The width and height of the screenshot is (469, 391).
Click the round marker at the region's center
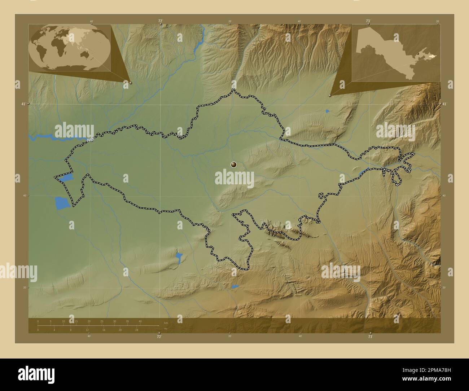click(x=234, y=165)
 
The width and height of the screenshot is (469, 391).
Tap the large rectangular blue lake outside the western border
click(x=61, y=203)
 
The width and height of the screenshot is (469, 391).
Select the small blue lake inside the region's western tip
click(x=66, y=177)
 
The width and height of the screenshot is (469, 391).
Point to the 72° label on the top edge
click(x=160, y=21)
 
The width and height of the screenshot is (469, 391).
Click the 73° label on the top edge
click(x=368, y=21)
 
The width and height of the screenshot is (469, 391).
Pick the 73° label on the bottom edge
click(x=370, y=337)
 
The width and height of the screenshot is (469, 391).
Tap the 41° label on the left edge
click(x=23, y=104)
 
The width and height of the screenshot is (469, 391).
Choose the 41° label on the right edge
click(x=445, y=104)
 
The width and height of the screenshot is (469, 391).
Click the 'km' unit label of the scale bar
click(x=166, y=323)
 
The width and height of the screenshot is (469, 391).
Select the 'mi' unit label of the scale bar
click(x=166, y=329)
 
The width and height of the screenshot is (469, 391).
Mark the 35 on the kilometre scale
click(x=127, y=321)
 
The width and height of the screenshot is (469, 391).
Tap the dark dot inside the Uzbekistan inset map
click(x=418, y=54)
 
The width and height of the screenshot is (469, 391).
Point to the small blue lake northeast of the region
click(x=327, y=111)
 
